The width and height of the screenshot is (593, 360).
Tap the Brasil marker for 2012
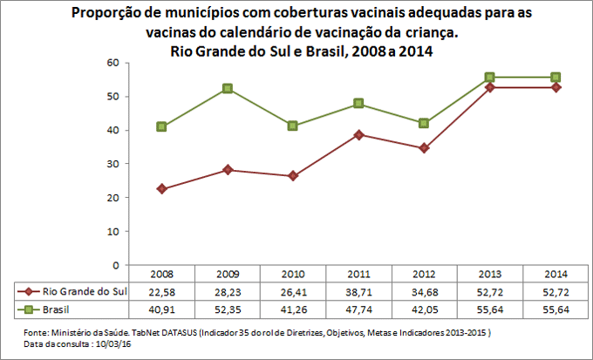[x=424, y=123]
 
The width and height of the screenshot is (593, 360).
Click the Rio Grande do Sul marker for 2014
[x=556, y=87]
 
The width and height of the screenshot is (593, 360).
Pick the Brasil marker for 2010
[x=292, y=126]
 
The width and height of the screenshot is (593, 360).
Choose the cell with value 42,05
[x=424, y=308]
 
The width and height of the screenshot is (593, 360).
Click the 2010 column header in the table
[x=292, y=274]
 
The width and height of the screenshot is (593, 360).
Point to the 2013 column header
[x=490, y=274]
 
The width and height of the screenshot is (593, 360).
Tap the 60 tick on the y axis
[x=112, y=63]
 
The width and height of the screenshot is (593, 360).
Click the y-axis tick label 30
[x=112, y=164]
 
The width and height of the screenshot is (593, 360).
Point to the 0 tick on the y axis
[x=115, y=265]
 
